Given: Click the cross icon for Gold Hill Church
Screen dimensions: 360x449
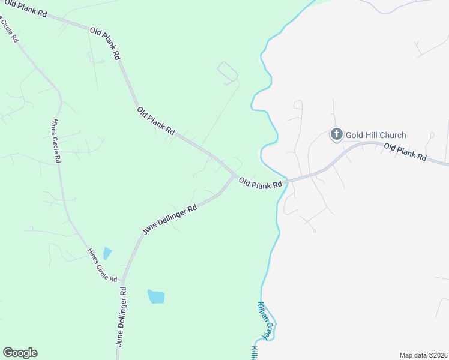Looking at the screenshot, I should coord(336,134).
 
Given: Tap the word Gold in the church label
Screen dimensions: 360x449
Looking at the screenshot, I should coord(356,135).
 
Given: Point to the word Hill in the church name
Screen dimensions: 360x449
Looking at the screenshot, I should coord(373,135).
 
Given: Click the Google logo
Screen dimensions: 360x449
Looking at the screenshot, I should coord(20,353).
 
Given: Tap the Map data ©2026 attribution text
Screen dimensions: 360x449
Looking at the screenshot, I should coord(423,355).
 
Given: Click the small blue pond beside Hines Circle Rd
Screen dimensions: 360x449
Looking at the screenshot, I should coord(107,253).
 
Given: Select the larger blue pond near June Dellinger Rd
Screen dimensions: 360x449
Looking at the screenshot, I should coord(156,296).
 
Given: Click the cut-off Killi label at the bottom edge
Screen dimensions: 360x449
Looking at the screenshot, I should coord(254,353).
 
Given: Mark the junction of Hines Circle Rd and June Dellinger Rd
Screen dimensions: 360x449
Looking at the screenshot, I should coord(122,281).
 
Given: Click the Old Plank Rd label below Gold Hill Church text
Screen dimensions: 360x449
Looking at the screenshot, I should coord(405,152).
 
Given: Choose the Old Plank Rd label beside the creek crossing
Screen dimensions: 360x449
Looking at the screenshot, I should coord(260,183).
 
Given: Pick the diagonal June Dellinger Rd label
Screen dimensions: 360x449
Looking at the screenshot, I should coord(170,220).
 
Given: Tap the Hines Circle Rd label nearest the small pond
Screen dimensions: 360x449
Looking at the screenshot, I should coord(101,265).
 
